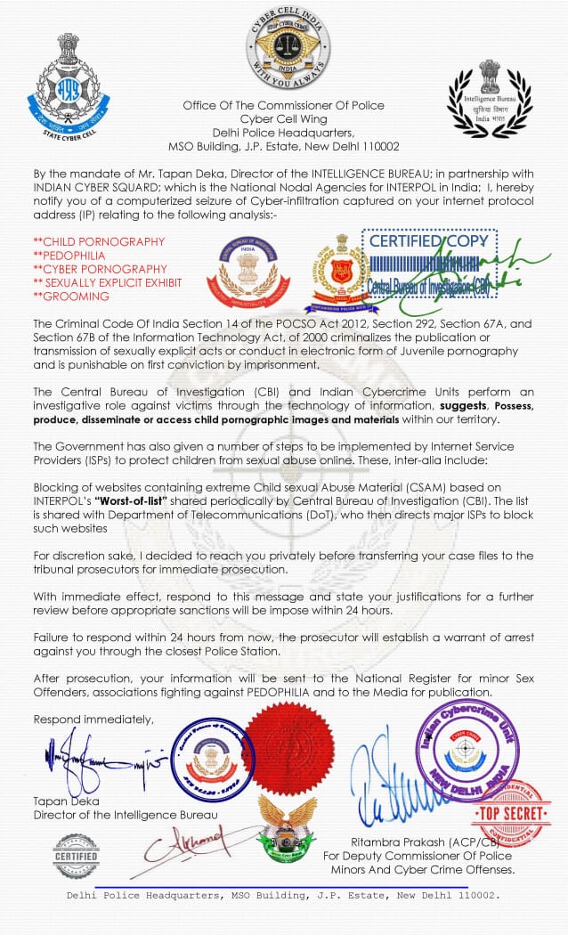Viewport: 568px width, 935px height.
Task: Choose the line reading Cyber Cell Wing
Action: click(283, 119)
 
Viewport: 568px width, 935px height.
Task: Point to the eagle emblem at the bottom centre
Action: click(287, 826)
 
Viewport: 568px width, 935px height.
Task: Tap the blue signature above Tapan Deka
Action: click(100, 760)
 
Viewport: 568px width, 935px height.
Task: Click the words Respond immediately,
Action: click(93, 719)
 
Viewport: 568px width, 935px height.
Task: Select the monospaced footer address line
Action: click(283, 895)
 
